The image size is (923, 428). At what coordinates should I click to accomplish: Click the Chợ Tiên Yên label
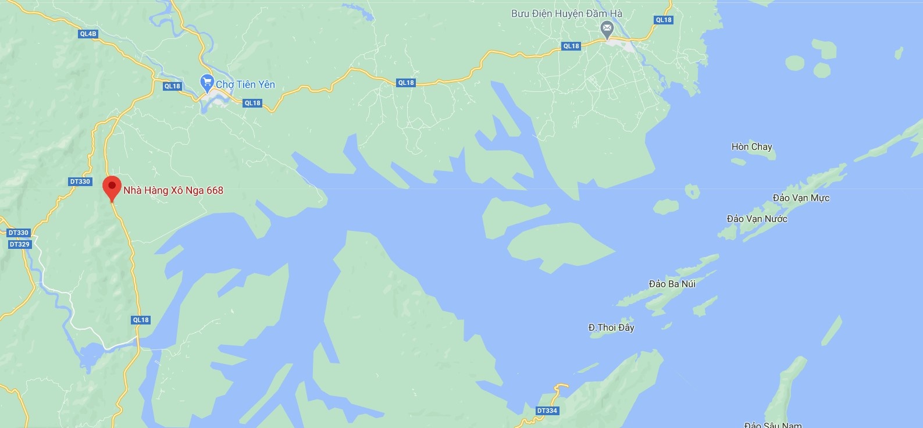tap(245, 84)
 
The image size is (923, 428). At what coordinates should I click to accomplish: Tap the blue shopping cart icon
tap(206, 83)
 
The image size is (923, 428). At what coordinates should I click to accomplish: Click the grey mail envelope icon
tap(607, 28)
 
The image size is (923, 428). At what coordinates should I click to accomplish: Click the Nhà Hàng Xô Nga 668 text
tap(173, 190)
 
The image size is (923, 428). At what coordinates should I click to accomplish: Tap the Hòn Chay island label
tap(751, 147)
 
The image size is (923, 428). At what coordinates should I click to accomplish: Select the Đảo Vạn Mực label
tap(801, 198)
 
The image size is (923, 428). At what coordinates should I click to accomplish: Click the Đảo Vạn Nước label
tap(757, 219)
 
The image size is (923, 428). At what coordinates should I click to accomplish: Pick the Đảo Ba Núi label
tap(672, 284)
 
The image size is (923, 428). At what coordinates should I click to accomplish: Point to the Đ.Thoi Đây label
tap(611, 327)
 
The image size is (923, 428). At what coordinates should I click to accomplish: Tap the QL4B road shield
tap(88, 34)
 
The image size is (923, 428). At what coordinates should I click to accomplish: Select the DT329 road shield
tap(19, 244)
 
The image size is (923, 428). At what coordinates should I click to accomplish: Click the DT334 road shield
tap(547, 411)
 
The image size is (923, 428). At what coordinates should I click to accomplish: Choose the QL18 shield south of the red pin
tap(141, 320)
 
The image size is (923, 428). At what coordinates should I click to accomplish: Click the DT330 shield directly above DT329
tap(18, 233)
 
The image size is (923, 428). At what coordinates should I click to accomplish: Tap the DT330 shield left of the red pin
tap(80, 181)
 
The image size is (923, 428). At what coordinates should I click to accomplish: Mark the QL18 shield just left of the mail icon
tap(571, 46)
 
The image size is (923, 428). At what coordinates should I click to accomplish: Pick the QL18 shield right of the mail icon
tap(663, 20)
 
